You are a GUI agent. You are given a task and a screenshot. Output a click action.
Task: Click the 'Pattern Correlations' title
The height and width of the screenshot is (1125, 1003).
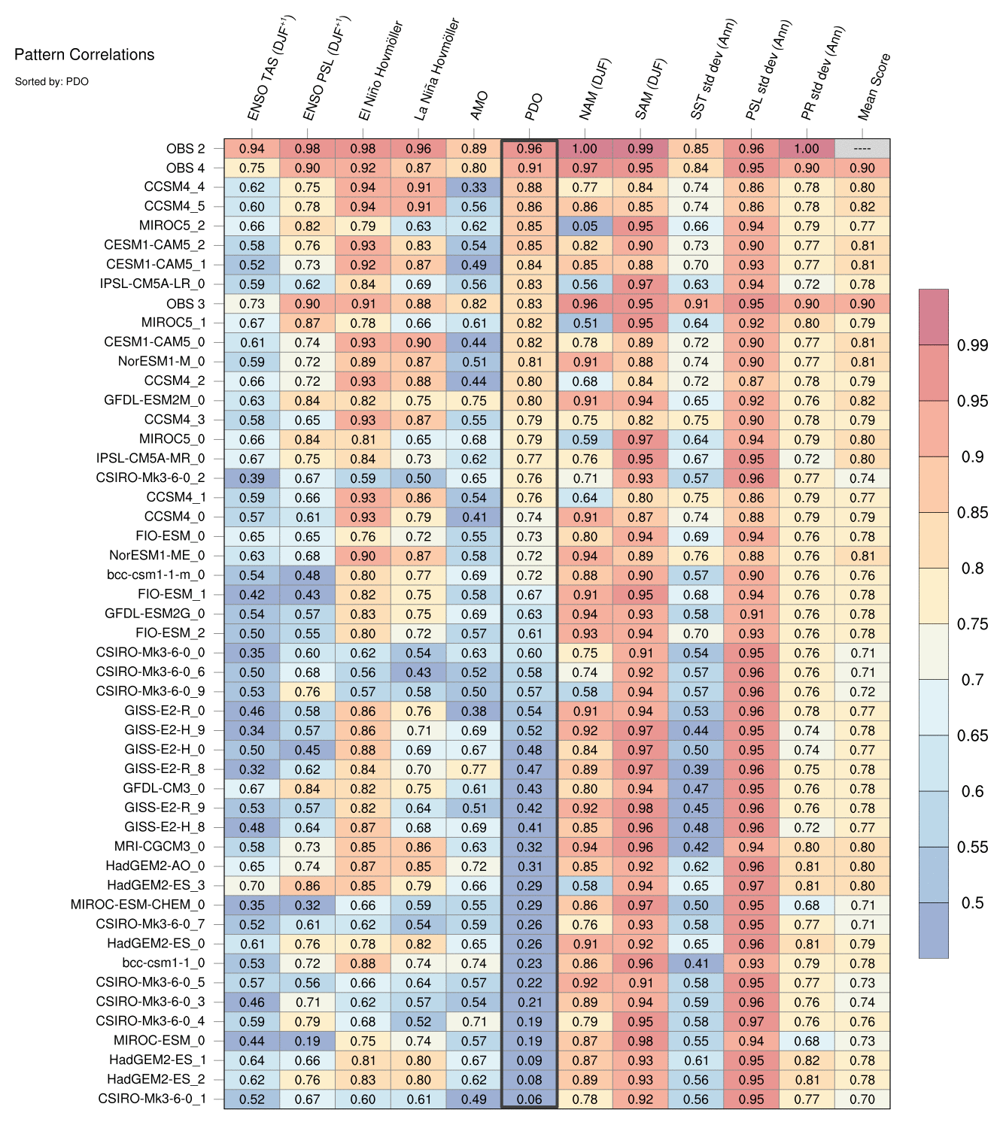click(x=84, y=55)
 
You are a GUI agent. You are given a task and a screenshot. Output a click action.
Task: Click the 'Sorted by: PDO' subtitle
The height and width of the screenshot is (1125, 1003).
click(x=52, y=81)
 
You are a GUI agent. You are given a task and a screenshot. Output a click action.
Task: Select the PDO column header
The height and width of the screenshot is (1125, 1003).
click(x=533, y=107)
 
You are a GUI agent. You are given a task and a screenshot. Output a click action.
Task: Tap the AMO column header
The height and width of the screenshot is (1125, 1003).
click(x=479, y=106)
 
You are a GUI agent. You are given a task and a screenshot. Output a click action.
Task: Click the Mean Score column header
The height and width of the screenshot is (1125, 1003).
click(x=874, y=87)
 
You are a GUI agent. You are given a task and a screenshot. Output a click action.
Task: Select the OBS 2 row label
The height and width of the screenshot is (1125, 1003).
click(x=185, y=149)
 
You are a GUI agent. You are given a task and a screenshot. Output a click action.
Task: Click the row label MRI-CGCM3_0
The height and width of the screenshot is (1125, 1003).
click(x=160, y=847)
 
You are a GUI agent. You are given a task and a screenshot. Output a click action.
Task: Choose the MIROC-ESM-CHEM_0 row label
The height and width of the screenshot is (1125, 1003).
click(x=137, y=905)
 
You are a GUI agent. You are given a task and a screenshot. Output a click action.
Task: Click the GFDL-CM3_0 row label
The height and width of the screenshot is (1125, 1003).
click(x=163, y=788)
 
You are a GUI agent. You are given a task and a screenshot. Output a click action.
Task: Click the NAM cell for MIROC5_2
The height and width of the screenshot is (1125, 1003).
click(x=585, y=226)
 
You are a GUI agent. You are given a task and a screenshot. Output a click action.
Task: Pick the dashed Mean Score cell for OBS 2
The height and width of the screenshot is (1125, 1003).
click(x=862, y=149)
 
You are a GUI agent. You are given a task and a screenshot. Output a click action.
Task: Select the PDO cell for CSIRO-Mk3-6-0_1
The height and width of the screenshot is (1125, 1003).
click(x=530, y=1099)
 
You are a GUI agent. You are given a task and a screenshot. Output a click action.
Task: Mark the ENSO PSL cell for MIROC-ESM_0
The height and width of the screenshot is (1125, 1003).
click(x=307, y=1041)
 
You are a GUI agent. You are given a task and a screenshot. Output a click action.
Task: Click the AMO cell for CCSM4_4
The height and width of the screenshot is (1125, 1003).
click(x=474, y=187)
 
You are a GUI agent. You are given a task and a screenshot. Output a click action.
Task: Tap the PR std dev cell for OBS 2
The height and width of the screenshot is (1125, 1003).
click(x=807, y=149)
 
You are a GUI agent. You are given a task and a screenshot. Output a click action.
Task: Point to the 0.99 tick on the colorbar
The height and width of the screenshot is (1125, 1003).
click(x=972, y=345)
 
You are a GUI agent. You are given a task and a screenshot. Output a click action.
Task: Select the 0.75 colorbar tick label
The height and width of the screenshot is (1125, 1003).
click(x=972, y=624)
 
